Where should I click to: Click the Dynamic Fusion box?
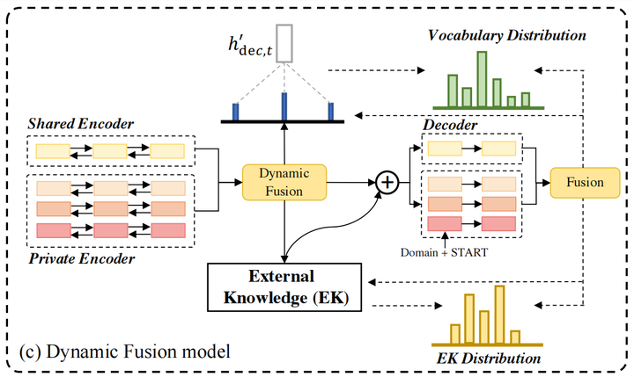pyautogui.click(x=284, y=182)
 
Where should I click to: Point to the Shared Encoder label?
pyautogui.click(x=80, y=123)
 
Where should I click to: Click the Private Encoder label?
pyautogui.click(x=82, y=259)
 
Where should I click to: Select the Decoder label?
pyautogui.click(x=452, y=126)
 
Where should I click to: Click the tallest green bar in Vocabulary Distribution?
pyautogui.click(x=482, y=78)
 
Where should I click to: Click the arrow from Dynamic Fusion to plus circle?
pyautogui.click(x=351, y=182)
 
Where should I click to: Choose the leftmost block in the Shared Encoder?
pyautogui.click(x=51, y=150)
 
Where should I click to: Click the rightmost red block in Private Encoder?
pyautogui.click(x=167, y=230)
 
